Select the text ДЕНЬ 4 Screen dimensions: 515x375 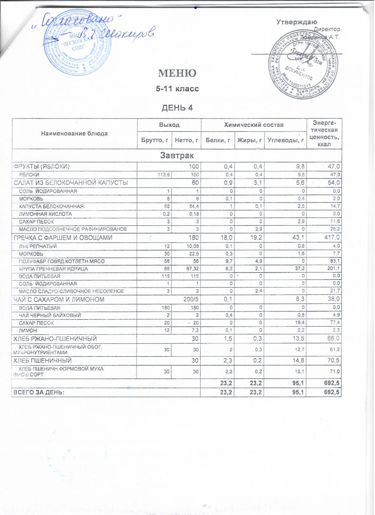177,107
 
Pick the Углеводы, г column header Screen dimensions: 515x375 285,140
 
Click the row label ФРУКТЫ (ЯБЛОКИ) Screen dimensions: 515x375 42,166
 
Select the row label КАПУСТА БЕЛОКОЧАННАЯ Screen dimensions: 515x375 51,206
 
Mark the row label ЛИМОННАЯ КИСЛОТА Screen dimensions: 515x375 45,214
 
